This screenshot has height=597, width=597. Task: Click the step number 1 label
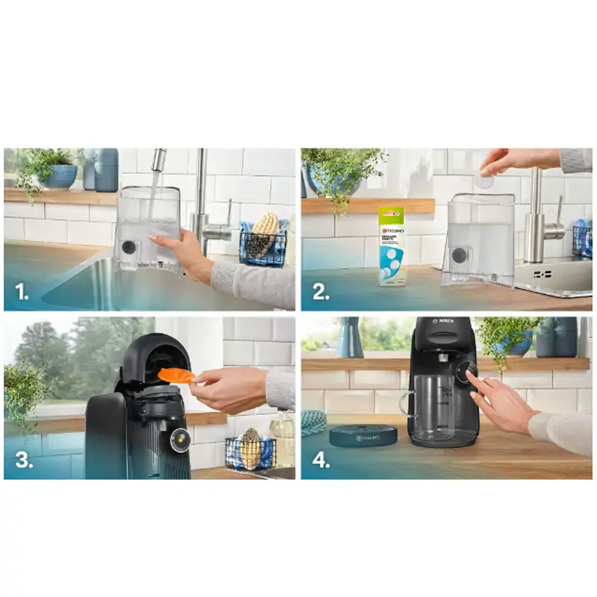click(x=22, y=292)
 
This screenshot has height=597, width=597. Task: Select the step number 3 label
click(x=23, y=460)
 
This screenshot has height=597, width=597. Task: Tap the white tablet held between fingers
click(x=485, y=180)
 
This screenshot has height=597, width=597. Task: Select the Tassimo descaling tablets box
click(x=391, y=246)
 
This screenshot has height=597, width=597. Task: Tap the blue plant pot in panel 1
click(x=61, y=176)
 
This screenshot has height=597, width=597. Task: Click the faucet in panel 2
click(x=536, y=216)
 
